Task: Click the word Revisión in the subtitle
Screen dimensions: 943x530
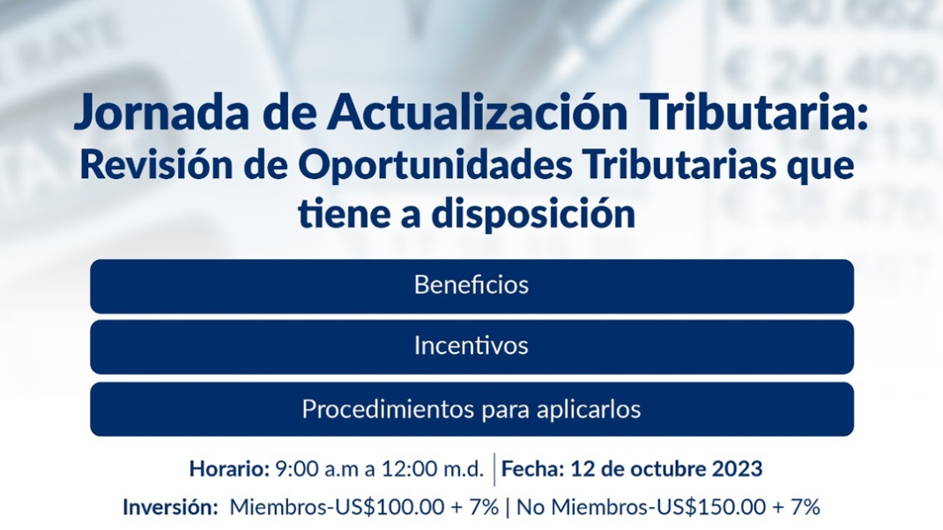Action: click(x=156, y=165)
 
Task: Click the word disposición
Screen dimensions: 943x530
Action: click(x=533, y=214)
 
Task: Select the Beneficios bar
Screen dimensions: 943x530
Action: click(x=472, y=287)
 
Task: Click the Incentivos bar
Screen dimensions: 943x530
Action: click(x=472, y=347)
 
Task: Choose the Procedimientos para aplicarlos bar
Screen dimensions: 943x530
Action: click(x=472, y=409)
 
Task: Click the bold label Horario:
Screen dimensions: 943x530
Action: click(x=229, y=468)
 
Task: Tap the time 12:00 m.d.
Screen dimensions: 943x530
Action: click(x=433, y=468)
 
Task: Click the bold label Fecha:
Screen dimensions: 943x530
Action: click(x=533, y=468)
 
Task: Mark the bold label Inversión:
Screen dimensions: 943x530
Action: click(x=170, y=507)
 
